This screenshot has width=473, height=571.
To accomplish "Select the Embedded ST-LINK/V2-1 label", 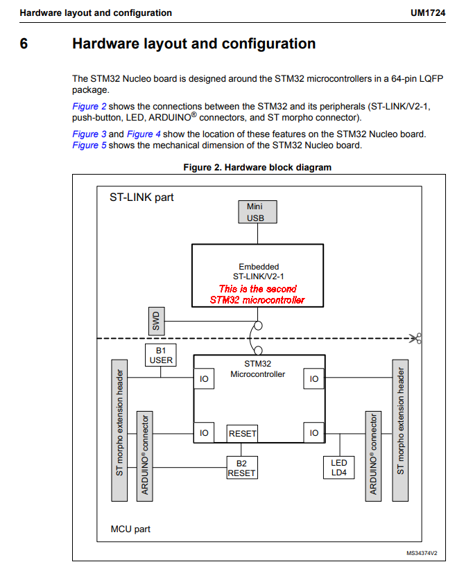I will tap(259, 272).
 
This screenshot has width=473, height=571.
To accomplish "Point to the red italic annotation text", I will tap(257, 295).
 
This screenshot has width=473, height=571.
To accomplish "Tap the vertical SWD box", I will tap(156, 321).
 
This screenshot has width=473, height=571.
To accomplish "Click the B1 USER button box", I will tap(161, 355).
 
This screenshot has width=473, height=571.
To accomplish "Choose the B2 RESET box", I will tap(241, 468).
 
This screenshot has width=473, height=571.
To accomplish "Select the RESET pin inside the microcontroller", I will tap(242, 434).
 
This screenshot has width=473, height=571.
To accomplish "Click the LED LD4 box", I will tap(339, 468).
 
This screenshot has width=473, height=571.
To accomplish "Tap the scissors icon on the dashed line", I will tap(415, 339).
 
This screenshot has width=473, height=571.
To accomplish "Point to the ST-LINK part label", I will tap(141, 197).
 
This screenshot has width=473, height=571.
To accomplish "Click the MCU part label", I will tap(130, 529).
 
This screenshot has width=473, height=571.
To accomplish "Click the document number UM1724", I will tap(429, 12).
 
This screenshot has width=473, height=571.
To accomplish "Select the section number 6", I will tap(24, 44).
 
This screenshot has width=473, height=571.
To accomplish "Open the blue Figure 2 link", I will tap(89, 107).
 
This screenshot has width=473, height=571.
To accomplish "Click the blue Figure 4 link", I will tap(144, 134).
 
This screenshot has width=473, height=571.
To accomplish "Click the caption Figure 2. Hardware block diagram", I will tap(257, 167).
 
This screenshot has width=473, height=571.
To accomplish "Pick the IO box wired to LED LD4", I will tap(314, 433).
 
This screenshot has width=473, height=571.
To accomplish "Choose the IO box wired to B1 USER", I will tap(204, 379).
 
